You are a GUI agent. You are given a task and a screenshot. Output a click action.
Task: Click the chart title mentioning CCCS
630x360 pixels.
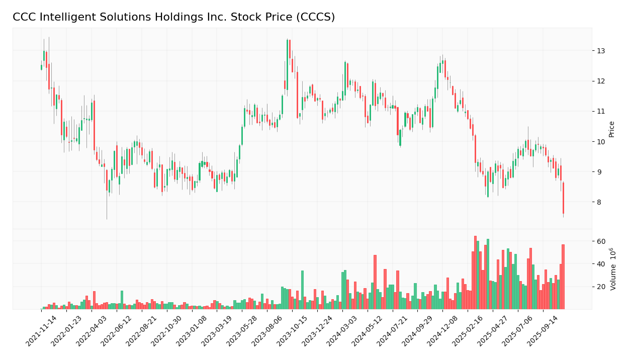(173, 18)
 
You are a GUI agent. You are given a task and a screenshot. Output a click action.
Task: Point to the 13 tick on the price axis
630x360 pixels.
(601, 51)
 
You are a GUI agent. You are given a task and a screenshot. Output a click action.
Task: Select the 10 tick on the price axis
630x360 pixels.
(601, 142)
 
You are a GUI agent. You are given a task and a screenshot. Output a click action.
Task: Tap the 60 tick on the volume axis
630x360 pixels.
(601, 241)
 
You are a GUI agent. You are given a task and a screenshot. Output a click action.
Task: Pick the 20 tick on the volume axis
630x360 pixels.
(601, 287)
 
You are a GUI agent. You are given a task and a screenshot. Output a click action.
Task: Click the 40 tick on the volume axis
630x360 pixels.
(601, 264)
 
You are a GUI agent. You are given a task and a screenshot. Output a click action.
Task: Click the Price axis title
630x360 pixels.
(612, 129)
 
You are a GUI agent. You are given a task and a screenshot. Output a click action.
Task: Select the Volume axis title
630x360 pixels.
(613, 269)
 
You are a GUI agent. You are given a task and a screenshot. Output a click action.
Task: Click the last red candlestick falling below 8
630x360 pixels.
(563, 198)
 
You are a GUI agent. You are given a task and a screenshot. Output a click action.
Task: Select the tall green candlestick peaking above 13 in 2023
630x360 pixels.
(287, 65)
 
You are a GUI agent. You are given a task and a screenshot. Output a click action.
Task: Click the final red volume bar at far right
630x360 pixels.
(563, 277)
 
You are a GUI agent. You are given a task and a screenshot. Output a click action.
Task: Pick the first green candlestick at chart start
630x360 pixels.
(41, 67)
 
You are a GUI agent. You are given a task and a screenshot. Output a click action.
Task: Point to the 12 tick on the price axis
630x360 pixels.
(601, 81)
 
